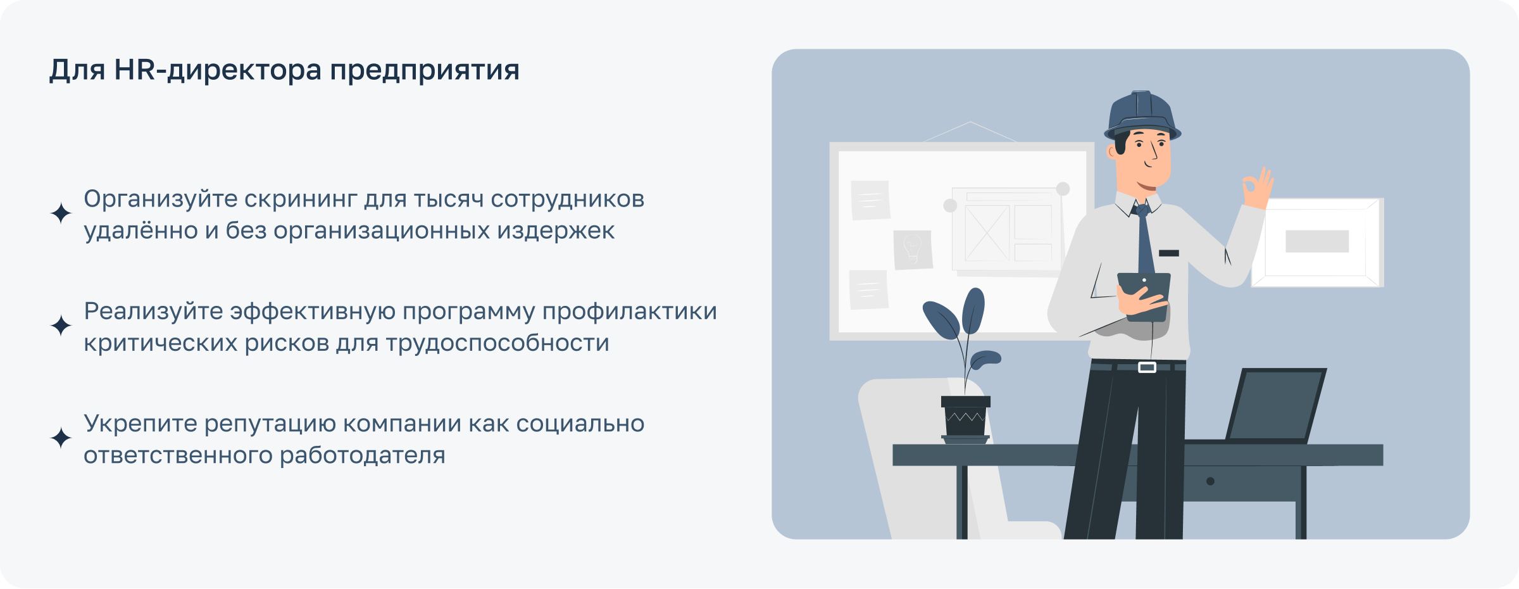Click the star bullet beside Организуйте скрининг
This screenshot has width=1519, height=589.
pos(61,213)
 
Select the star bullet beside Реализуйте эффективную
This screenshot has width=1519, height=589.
pos(61,326)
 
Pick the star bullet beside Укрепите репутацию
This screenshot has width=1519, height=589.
pos(61,438)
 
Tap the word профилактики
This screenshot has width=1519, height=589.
pos(629,312)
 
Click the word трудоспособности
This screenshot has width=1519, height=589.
pos(497,343)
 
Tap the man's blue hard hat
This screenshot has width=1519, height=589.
pos(1142,115)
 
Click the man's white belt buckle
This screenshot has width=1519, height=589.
pos(1147,367)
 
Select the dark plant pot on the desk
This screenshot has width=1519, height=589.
pos(965,418)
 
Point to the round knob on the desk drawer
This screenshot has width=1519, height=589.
pos(1210,481)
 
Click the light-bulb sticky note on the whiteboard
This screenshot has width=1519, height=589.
pos(912,249)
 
